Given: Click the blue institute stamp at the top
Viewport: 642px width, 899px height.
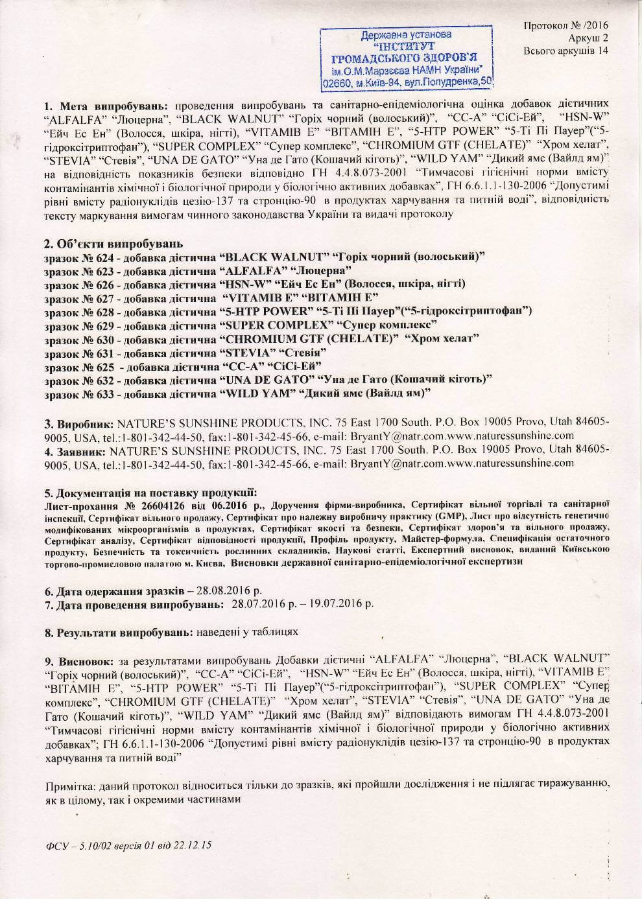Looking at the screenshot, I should click(406, 58).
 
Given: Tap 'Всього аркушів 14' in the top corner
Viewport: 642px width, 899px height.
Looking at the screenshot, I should click(566, 51).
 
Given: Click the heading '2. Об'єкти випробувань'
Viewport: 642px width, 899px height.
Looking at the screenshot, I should click(113, 244).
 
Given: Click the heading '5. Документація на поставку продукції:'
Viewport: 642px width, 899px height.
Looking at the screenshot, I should click(150, 492).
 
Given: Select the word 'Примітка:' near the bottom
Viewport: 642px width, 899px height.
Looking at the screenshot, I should click(69, 786).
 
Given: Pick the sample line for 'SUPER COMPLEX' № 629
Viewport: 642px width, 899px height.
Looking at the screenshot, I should click(241, 324).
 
